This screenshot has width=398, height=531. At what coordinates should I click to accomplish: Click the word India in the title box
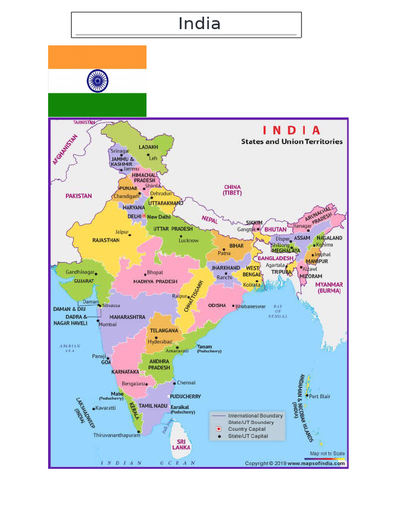(x=200, y=24)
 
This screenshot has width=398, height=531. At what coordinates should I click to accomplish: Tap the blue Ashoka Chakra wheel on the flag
(x=97, y=81)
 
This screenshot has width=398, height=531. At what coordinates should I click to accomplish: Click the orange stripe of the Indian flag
(x=97, y=57)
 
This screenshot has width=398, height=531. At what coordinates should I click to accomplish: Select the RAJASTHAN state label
(x=106, y=241)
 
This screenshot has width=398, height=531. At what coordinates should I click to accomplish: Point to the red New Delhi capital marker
(x=144, y=216)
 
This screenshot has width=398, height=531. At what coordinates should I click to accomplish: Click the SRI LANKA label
(x=181, y=444)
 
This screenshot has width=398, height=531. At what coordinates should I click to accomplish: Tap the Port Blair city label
(x=320, y=397)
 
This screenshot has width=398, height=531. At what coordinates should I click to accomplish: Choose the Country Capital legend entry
(x=247, y=429)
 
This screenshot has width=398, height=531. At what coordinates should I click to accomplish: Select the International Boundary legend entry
(x=255, y=416)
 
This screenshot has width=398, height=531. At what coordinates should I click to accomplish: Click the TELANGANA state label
(x=164, y=330)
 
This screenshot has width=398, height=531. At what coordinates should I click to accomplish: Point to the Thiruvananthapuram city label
(x=117, y=436)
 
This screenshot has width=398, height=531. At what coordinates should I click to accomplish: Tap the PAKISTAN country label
(x=79, y=196)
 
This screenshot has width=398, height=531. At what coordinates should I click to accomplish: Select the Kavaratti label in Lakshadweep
(x=106, y=408)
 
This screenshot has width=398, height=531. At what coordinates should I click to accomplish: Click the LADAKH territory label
(x=148, y=147)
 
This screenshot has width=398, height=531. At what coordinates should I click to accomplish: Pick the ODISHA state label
(x=217, y=306)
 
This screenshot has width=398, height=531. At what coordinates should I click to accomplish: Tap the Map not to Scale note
(x=327, y=454)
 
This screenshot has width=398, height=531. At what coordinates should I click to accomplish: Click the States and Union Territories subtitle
(x=291, y=142)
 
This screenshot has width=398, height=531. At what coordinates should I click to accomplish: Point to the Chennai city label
(x=186, y=383)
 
